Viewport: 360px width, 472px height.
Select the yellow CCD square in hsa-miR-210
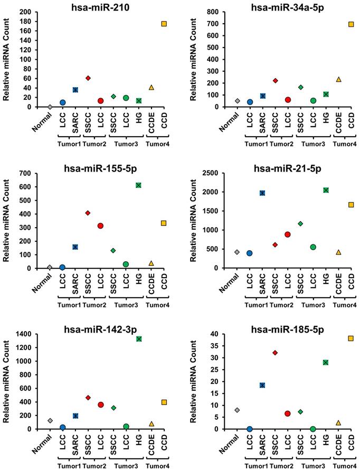click(x=164, y=24)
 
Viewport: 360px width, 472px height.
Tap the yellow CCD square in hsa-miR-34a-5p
click(x=351, y=24)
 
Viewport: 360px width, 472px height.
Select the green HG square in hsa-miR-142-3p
click(x=139, y=339)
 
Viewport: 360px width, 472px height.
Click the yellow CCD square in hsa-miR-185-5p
click(x=351, y=338)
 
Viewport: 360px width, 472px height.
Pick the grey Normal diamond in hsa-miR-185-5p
click(x=238, y=410)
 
